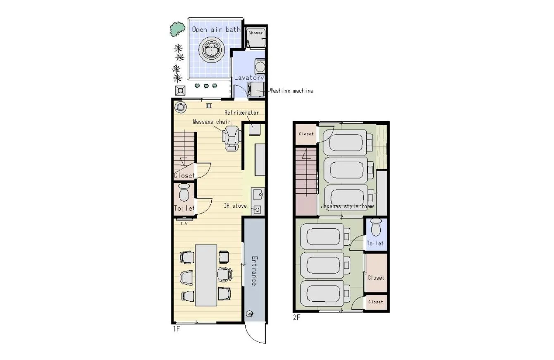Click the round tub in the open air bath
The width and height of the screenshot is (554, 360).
pyautogui.click(x=212, y=50)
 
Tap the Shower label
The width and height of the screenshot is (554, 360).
pyautogui.click(x=256, y=33)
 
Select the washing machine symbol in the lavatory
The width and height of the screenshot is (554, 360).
pyautogui.click(x=256, y=89)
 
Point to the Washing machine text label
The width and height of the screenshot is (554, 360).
pyautogui.click(x=291, y=91)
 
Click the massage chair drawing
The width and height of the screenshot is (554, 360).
pyautogui.click(x=232, y=138)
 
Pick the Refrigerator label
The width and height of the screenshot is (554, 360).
pyautogui.click(x=241, y=113)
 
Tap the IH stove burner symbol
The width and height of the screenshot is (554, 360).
pyautogui.click(x=257, y=210)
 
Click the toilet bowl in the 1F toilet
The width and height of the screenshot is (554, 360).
pyautogui.click(x=184, y=192)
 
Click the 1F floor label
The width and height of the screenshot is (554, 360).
pyautogui.click(x=177, y=329)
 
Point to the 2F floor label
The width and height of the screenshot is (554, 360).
pyautogui.click(x=296, y=317)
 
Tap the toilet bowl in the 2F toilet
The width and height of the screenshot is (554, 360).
pyautogui.click(x=376, y=227)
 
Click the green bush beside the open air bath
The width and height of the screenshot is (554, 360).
pyautogui.click(x=177, y=29)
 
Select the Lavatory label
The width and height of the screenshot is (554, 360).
pyautogui.click(x=249, y=77)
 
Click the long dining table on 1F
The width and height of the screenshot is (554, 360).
pyautogui.click(x=206, y=275)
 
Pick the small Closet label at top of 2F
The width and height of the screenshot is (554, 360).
pyautogui.click(x=306, y=134)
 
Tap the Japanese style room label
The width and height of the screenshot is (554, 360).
pyautogui.click(x=347, y=206)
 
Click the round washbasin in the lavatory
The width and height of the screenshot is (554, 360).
pyautogui.click(x=260, y=66)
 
